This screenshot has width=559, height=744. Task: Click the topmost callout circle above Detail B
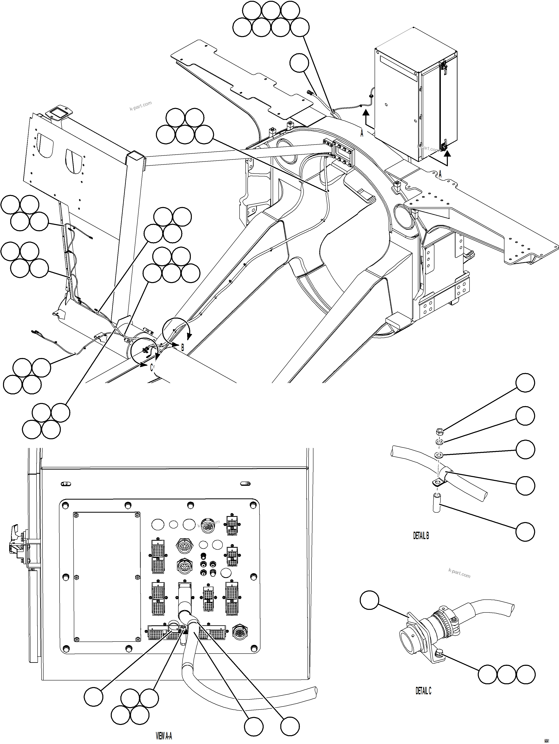pyautogui.click(x=525, y=383)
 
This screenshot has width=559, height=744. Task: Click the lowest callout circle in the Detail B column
pyautogui.click(x=525, y=532)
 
